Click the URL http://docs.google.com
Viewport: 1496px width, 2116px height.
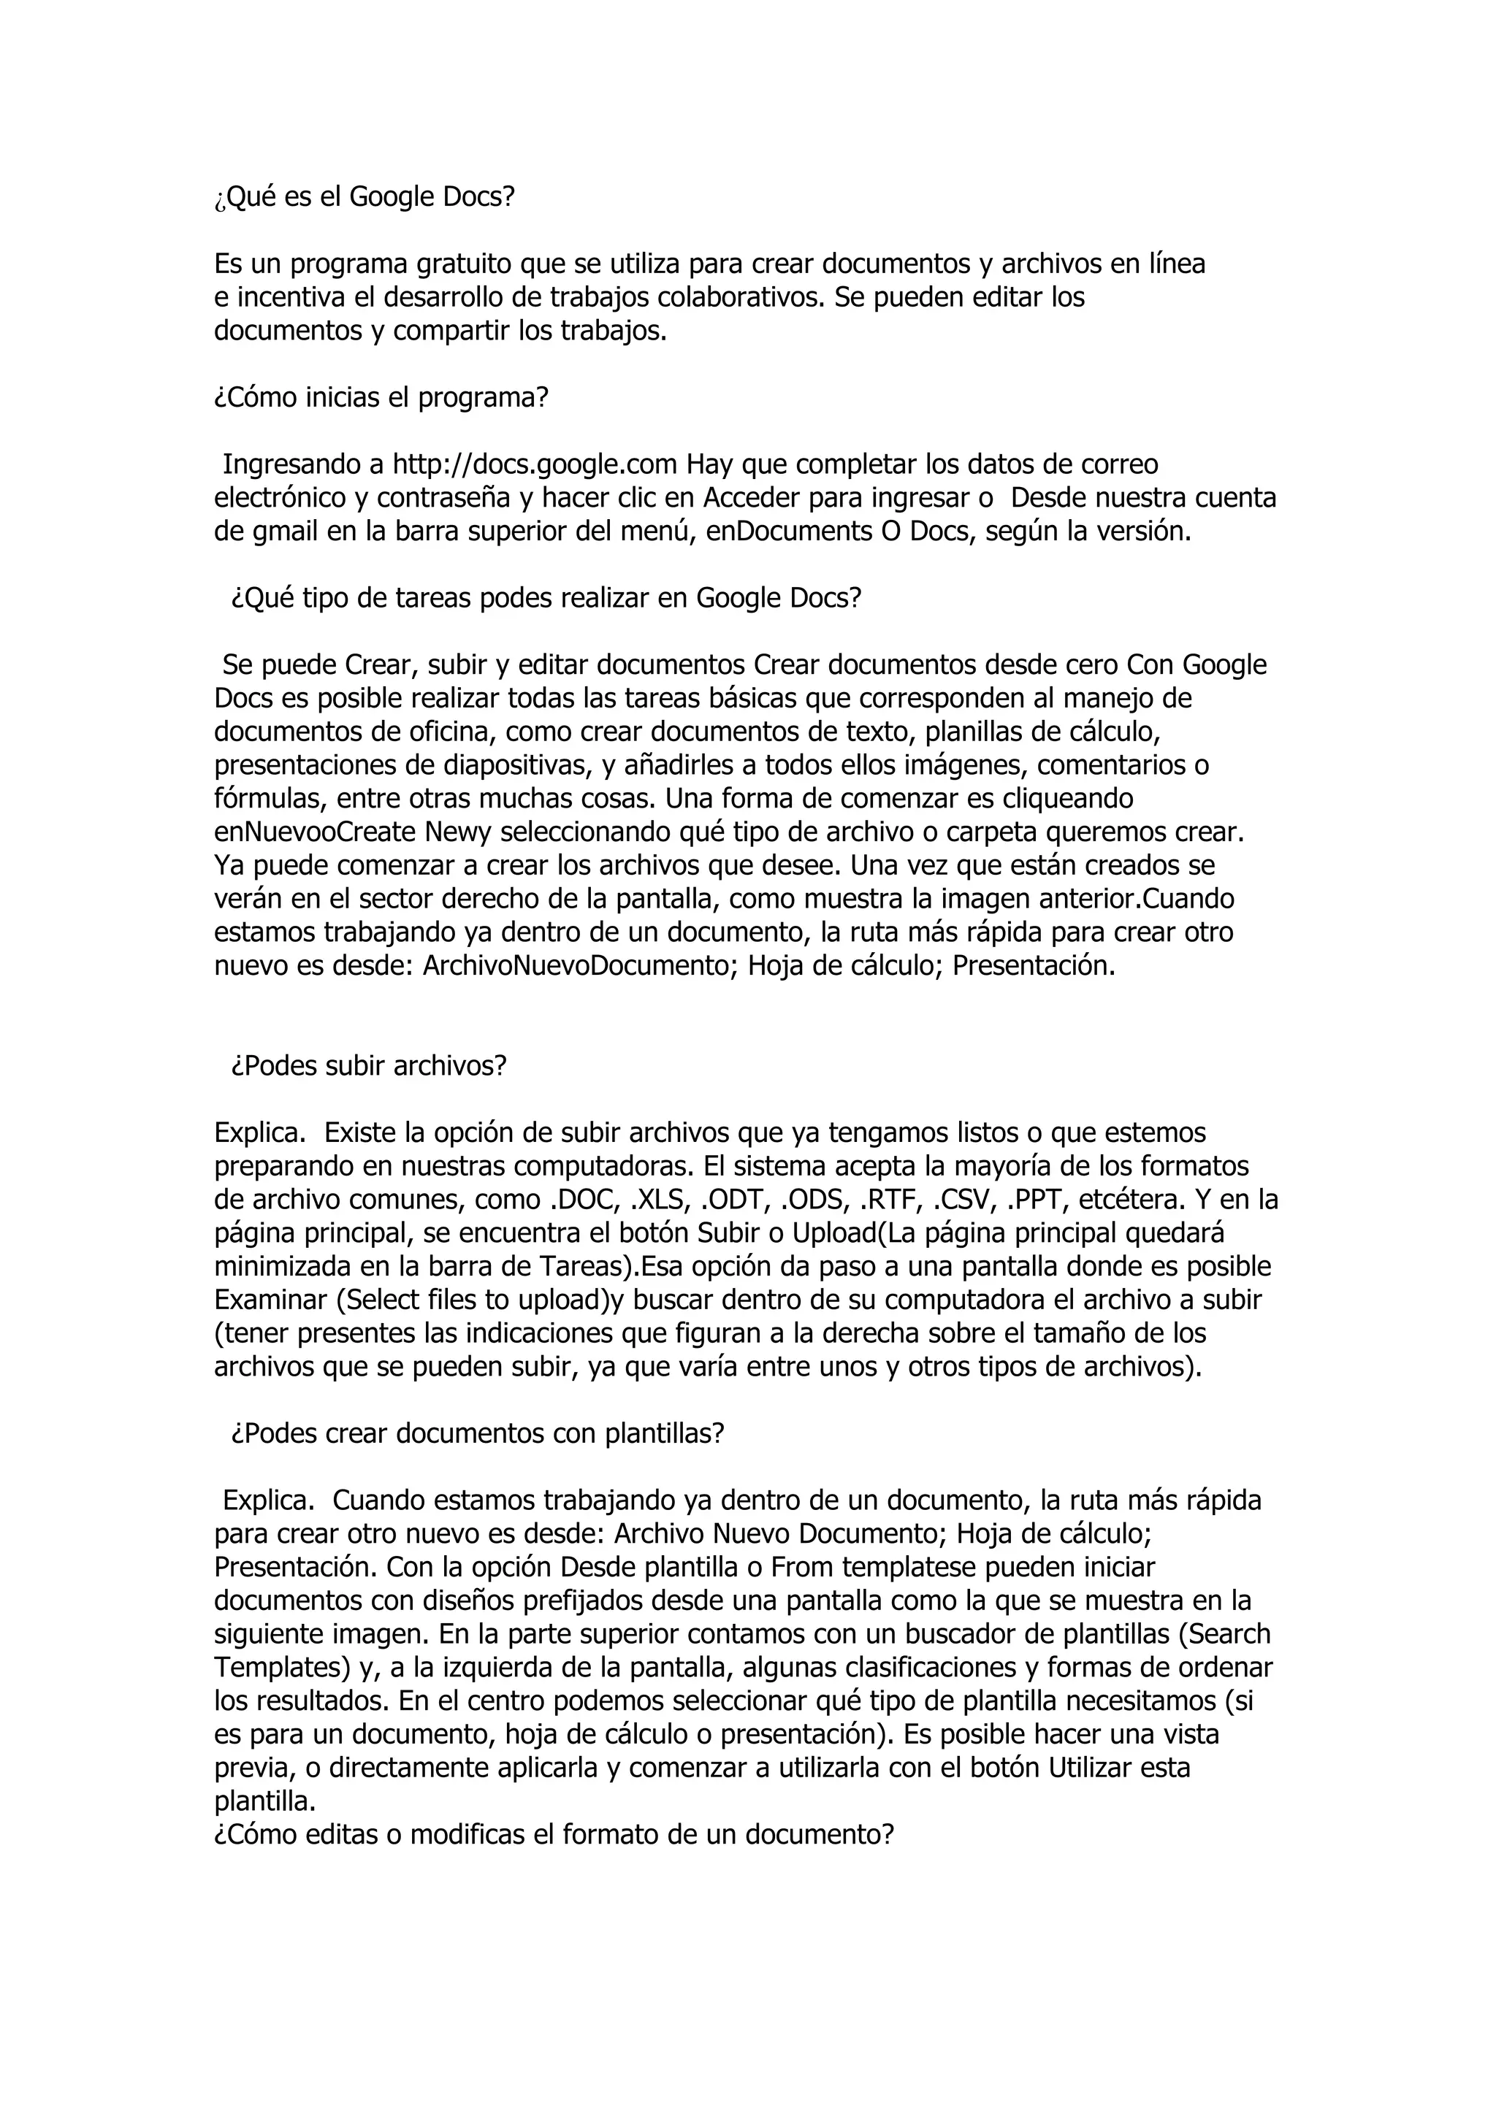pos(535,464)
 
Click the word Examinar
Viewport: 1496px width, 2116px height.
pos(271,1300)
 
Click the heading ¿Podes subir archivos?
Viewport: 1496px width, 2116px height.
pos(369,1066)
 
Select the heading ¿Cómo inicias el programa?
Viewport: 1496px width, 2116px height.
pos(381,397)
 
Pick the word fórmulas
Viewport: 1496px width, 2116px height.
pos(267,798)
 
